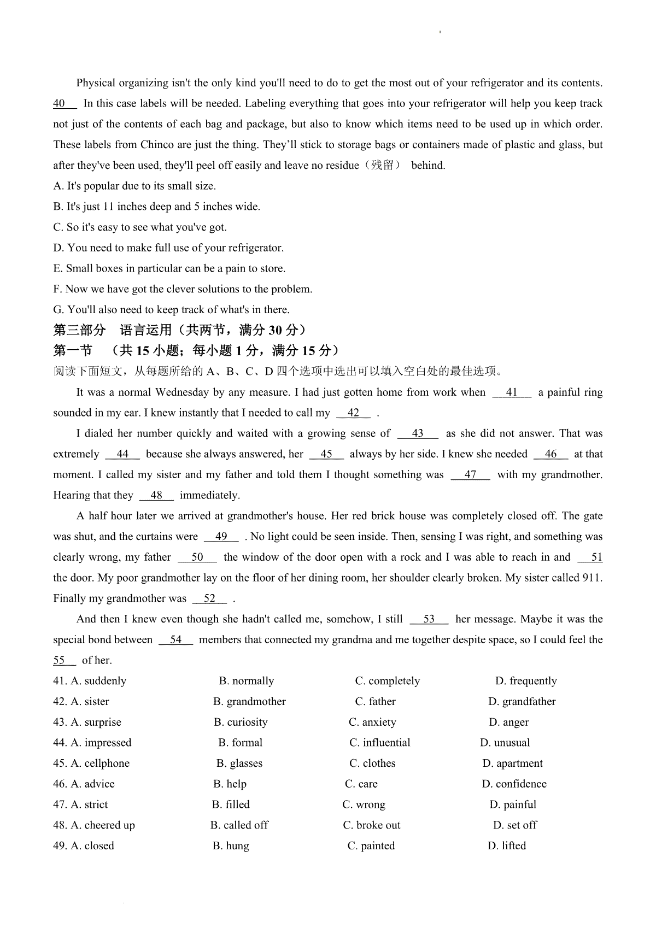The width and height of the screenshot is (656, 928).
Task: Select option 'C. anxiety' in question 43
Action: pyautogui.click(x=372, y=722)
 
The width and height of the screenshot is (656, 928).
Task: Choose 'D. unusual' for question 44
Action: pyautogui.click(x=505, y=743)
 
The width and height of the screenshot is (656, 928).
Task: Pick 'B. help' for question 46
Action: pyautogui.click(x=230, y=784)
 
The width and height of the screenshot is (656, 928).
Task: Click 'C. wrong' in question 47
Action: pyautogui.click(x=364, y=804)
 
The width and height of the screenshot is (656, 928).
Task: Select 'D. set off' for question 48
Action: pyautogui.click(x=515, y=825)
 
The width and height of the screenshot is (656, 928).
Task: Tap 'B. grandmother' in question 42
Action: pyautogui.click(x=249, y=702)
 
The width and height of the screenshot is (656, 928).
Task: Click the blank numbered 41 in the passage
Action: pyautogui.click(x=512, y=392)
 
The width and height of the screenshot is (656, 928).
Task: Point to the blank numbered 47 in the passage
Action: pyautogui.click(x=470, y=475)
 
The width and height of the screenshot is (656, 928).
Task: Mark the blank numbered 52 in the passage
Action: pyautogui.click(x=209, y=598)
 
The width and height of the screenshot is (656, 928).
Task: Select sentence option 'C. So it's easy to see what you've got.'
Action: pyautogui.click(x=139, y=227)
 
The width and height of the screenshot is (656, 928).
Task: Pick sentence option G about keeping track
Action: pyautogui.click(x=171, y=310)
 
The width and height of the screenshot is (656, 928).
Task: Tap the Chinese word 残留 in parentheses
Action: pyautogui.click(x=382, y=166)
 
